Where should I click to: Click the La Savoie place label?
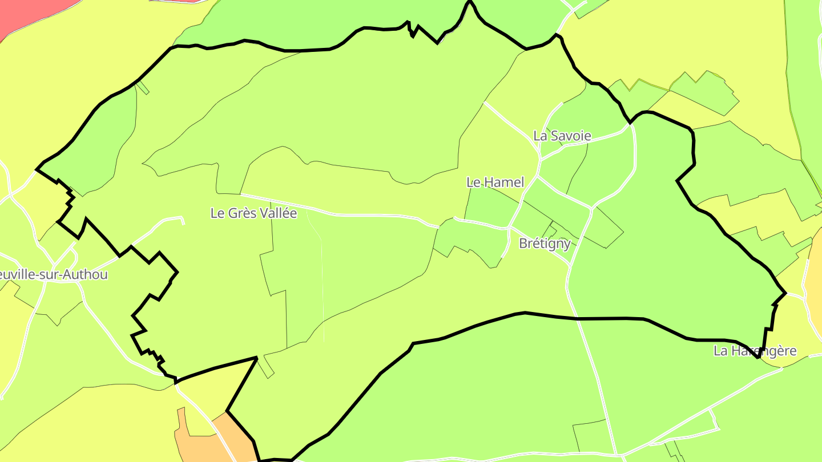pos(562,136)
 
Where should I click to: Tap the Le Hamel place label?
pos(495,183)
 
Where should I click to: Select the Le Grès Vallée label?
pos(253,213)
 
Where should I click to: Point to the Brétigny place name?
pos(545,244)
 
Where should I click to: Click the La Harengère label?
pos(755,351)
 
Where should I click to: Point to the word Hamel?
pos(503,183)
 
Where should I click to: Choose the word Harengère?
pos(763,351)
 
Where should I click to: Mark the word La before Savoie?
pos(539,136)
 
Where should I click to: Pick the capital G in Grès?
pos(233,213)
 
